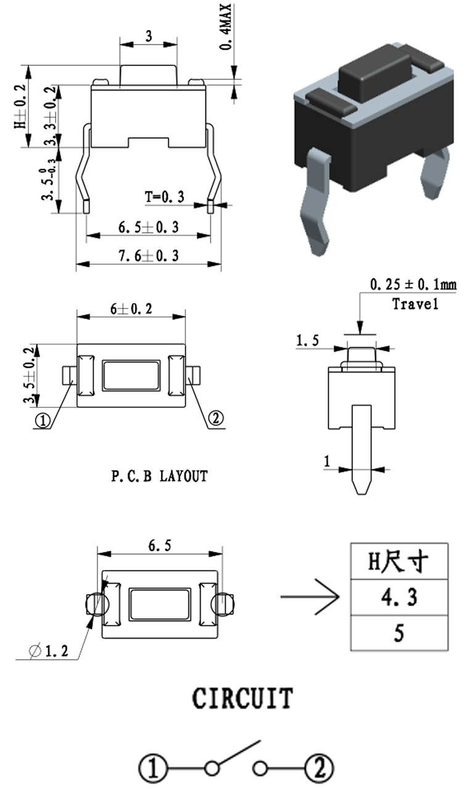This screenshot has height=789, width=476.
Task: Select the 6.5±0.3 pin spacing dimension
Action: [x=148, y=227]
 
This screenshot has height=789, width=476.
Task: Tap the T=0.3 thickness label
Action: [x=165, y=196]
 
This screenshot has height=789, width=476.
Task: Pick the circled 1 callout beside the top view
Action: [x=43, y=421]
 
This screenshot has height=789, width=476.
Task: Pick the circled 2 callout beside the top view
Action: [x=216, y=419]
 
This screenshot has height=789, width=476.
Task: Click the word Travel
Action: [x=415, y=304]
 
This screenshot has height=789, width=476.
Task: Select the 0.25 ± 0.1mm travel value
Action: [x=413, y=285]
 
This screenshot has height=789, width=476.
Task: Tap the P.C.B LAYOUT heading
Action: [x=159, y=476]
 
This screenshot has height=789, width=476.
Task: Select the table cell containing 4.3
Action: [x=399, y=597]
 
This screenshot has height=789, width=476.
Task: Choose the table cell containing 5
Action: [x=399, y=633]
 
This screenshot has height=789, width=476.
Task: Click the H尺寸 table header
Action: [x=399, y=561]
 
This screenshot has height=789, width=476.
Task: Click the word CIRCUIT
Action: [x=242, y=698]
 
